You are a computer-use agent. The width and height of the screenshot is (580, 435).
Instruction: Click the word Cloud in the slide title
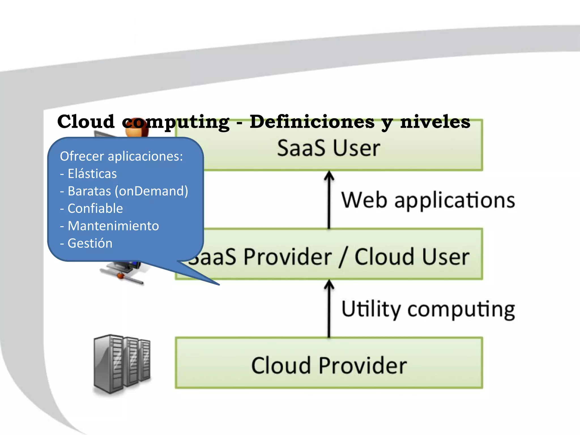coord(86,122)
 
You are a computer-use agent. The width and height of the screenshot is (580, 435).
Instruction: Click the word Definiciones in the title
coord(312,122)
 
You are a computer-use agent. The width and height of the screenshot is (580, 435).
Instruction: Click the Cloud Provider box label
coord(329,366)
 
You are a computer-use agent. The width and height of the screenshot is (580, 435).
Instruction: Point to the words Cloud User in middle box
coord(412,257)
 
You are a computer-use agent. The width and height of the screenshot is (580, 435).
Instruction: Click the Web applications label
coord(428,200)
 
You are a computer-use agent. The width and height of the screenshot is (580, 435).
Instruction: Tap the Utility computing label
coord(428,309)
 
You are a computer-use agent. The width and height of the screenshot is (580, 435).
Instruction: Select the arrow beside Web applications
coord(329,199)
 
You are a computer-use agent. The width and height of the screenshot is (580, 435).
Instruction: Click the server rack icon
coord(122,364)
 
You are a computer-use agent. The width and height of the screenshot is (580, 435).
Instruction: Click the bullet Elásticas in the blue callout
coord(92,174)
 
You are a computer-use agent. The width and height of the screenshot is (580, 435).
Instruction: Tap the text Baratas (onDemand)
coord(127,191)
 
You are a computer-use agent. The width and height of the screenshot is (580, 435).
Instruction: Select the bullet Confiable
coord(95,208)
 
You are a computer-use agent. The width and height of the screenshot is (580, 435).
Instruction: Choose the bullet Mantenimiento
coord(113,226)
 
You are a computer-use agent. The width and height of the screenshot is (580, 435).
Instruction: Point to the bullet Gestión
coord(89,243)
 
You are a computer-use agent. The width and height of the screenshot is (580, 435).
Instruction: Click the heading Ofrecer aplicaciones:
coord(121,156)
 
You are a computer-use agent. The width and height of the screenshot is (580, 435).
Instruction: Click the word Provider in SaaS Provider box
coord(287,257)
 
